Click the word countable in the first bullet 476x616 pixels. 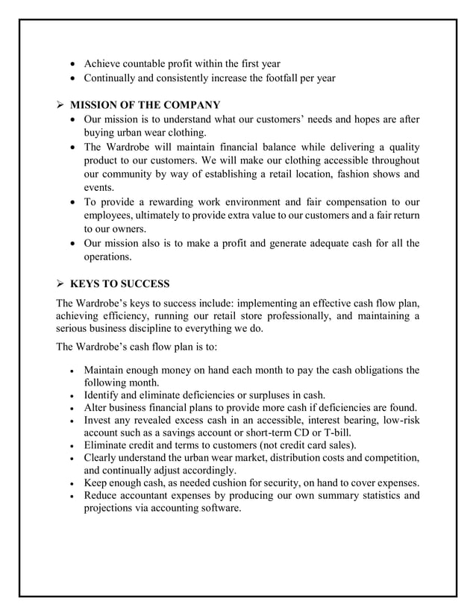(150, 63)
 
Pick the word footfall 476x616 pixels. (280, 78)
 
